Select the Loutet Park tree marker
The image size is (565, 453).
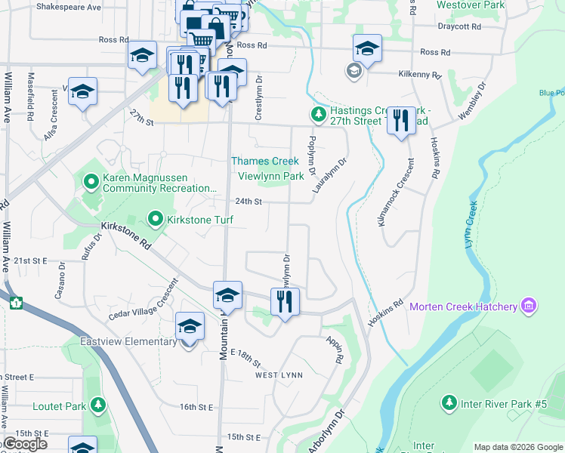pyautogui.click(x=97, y=406)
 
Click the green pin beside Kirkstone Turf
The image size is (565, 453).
pyautogui.click(x=156, y=220)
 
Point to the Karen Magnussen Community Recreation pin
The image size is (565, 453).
pyautogui.click(x=91, y=181)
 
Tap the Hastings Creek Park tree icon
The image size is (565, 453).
pyautogui.click(x=318, y=114)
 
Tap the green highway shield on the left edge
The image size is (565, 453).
pyautogui.click(x=16, y=303)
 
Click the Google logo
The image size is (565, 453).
pyautogui.click(x=25, y=444)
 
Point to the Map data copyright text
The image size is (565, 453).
pyautogui.click(x=518, y=447)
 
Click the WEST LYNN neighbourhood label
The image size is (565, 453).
pyautogui.click(x=279, y=375)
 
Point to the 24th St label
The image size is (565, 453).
pyautogui.click(x=247, y=202)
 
